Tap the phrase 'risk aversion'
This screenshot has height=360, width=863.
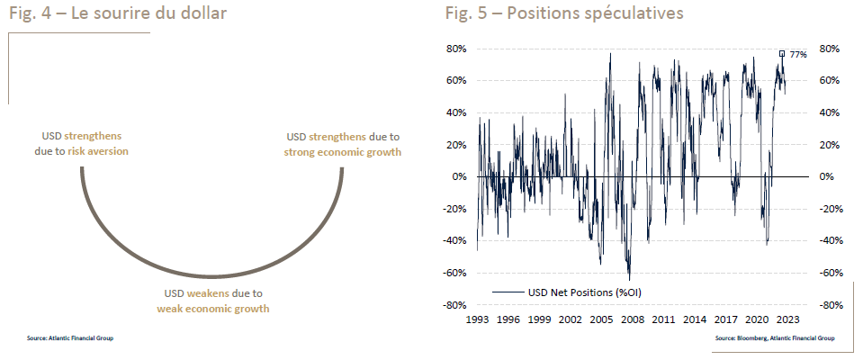tap(98, 151)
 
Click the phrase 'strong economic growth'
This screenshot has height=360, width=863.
tap(342, 151)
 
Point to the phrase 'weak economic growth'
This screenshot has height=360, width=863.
tap(213, 309)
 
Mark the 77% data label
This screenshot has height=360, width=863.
tap(798, 55)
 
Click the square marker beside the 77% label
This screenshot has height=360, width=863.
tap(782, 53)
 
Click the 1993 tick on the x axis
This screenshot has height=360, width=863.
tap(478, 319)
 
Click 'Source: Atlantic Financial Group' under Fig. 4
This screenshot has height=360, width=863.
tap(70, 338)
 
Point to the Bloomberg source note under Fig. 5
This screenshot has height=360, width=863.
tap(774, 338)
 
